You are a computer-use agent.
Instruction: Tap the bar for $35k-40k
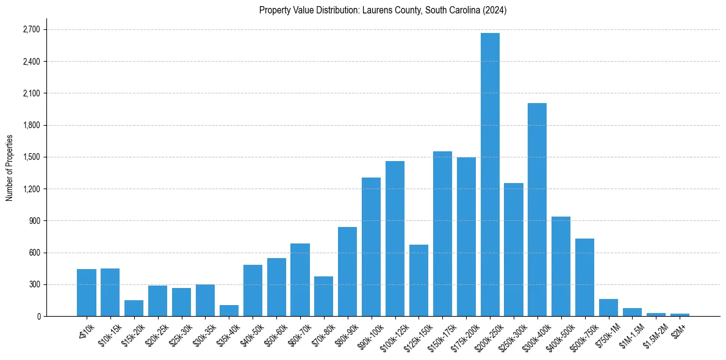tap(229, 311)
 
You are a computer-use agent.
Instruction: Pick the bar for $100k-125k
tap(395, 239)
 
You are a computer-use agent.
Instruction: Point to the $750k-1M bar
tap(608, 308)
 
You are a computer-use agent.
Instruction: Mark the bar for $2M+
tap(680, 315)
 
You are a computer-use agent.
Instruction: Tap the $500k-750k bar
tap(584, 277)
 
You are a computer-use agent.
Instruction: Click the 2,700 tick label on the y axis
tap(31, 29)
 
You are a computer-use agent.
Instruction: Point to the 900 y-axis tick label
tap(34, 220)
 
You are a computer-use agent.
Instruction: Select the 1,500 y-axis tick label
tap(31, 157)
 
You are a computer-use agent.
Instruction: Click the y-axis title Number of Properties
tap(9, 167)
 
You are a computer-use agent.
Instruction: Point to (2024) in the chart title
tap(495, 10)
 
